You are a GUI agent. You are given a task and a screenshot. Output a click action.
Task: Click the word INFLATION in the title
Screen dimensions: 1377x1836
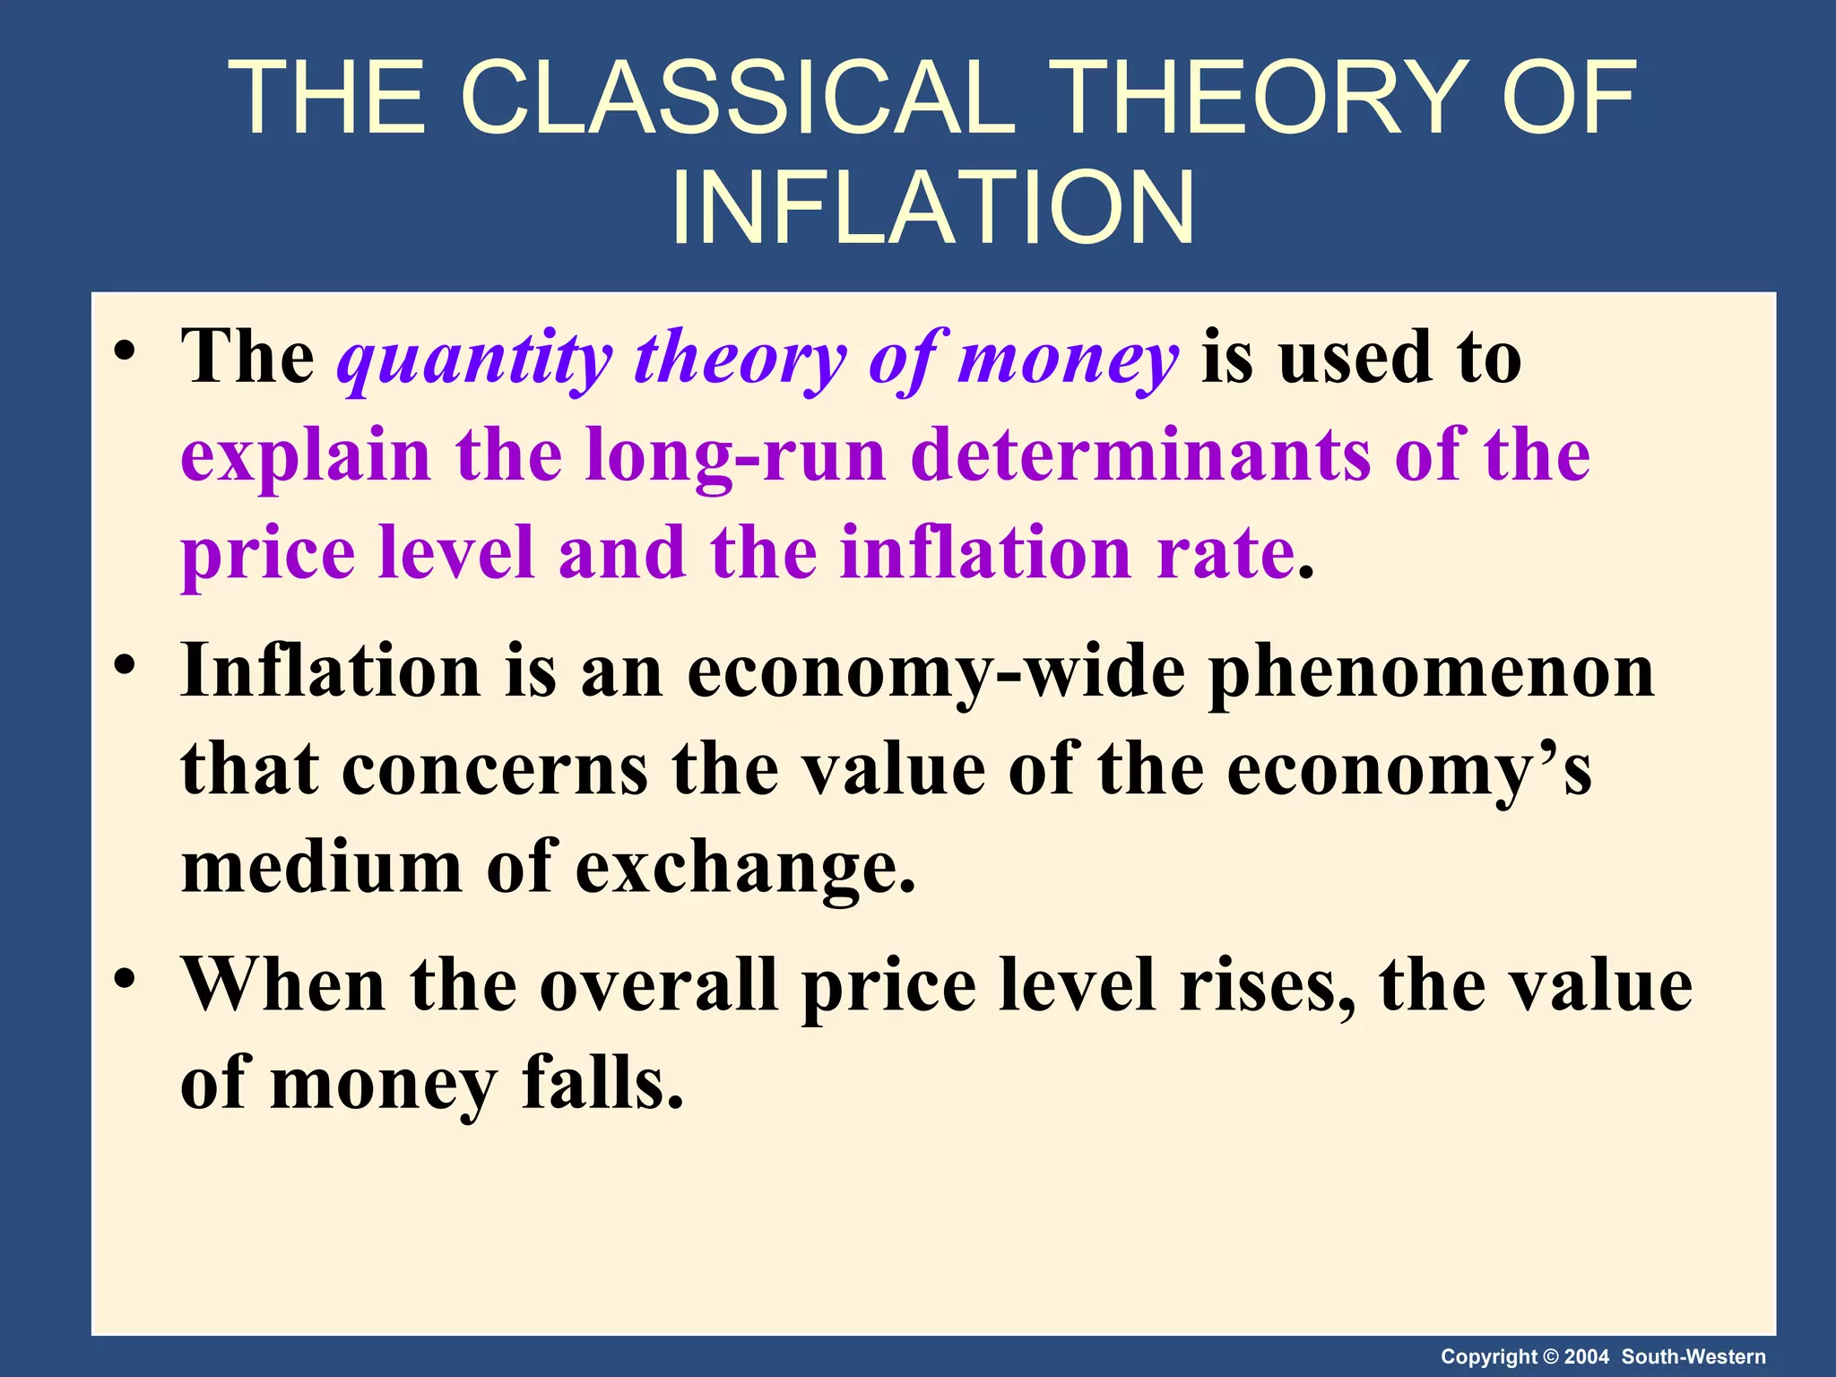[x=932, y=208]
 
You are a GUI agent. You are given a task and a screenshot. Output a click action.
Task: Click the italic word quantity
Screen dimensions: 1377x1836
[x=475, y=359]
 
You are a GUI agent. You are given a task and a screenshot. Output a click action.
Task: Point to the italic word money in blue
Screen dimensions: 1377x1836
[x=1067, y=359]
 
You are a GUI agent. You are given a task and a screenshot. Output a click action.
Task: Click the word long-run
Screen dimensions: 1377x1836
[x=735, y=455]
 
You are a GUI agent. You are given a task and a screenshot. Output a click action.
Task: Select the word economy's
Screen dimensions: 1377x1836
[x=1408, y=771]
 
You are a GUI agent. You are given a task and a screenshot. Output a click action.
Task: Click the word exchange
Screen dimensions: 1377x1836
[x=745, y=868]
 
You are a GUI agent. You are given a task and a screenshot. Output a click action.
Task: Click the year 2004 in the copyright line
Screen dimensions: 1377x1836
[x=1587, y=1356]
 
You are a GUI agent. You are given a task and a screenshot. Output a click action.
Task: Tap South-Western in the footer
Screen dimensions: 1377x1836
[x=1693, y=1356]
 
